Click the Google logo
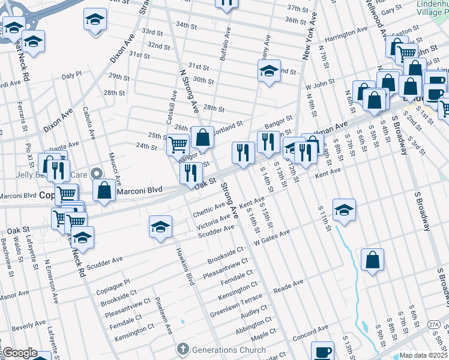coord(20,353)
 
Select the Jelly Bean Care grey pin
coord(96,175)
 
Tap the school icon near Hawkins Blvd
coord(160,227)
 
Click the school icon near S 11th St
coord(344,210)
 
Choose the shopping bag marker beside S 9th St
coord(373,260)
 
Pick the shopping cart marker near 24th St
coord(178,144)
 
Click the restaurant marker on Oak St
coord(191,173)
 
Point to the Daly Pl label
coord(71,75)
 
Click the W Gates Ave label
coord(272,238)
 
